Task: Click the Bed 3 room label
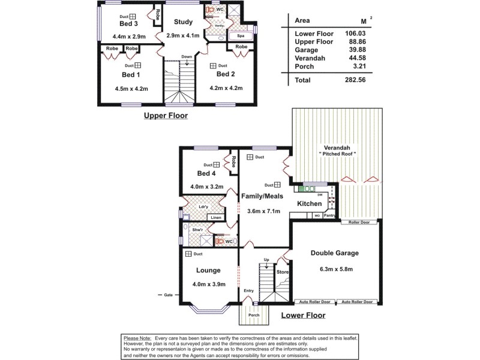129,24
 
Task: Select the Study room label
183,22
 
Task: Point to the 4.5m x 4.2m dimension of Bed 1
131,89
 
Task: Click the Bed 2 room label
226,74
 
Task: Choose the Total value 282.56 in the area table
353,80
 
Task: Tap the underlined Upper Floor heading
166,115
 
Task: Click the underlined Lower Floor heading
303,315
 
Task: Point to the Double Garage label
335,253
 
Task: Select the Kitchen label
310,204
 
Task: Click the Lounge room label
204,270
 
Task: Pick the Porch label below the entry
254,314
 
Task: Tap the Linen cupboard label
217,218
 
